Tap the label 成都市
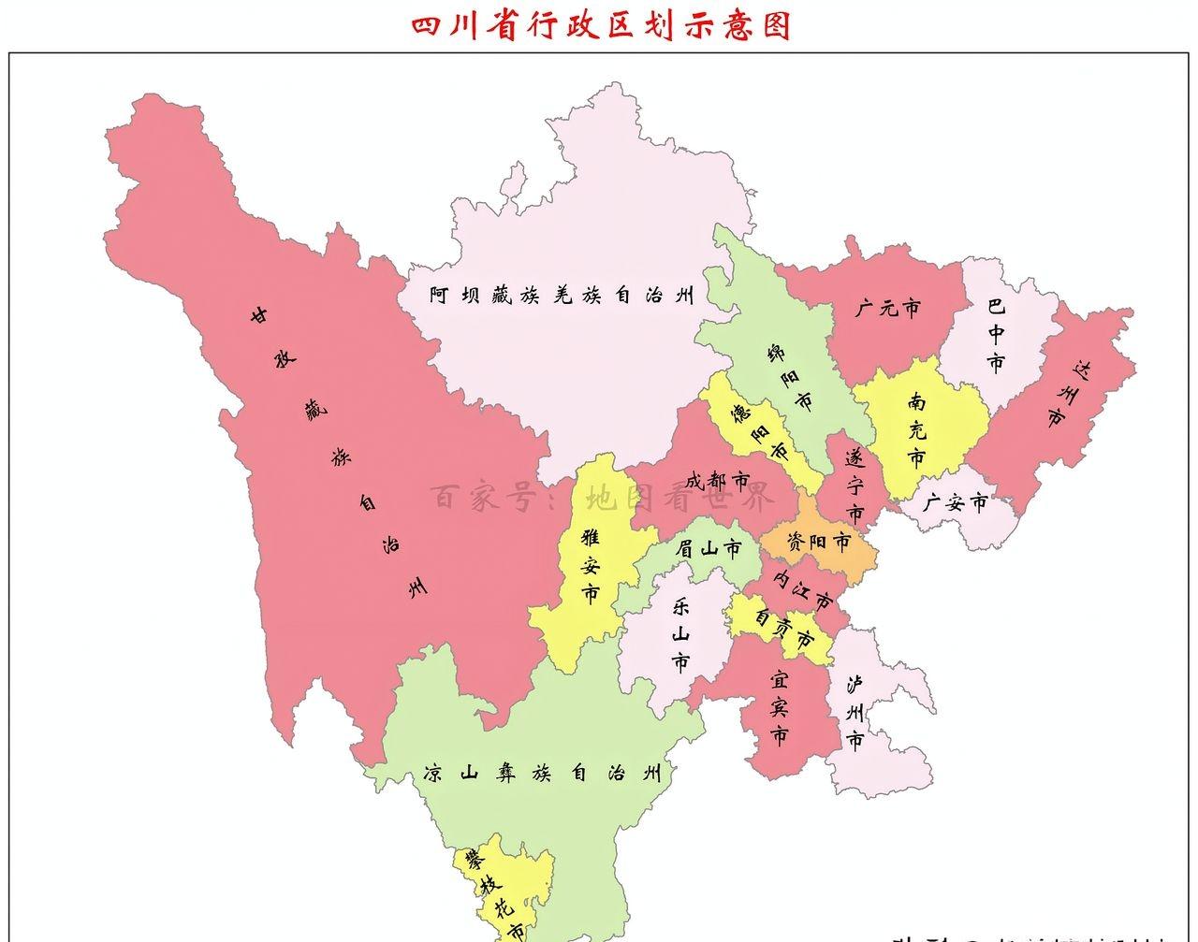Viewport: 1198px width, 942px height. click(717, 482)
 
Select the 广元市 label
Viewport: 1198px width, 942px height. click(887, 307)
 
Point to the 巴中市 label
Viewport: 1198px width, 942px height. click(996, 334)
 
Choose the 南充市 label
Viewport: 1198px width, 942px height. click(917, 430)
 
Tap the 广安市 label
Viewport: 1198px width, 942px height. click(955, 503)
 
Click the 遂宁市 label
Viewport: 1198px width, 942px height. click(854, 486)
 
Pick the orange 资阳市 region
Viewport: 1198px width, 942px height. click(819, 543)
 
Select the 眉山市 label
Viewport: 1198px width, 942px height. click(709, 549)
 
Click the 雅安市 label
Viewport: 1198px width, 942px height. click(591, 565)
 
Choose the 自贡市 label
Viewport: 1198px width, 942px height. click(784, 629)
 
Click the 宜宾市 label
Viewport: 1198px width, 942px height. click(779, 706)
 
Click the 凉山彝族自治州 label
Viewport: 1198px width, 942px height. click(543, 775)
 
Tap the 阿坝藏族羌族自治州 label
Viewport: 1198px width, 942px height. click(562, 297)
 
